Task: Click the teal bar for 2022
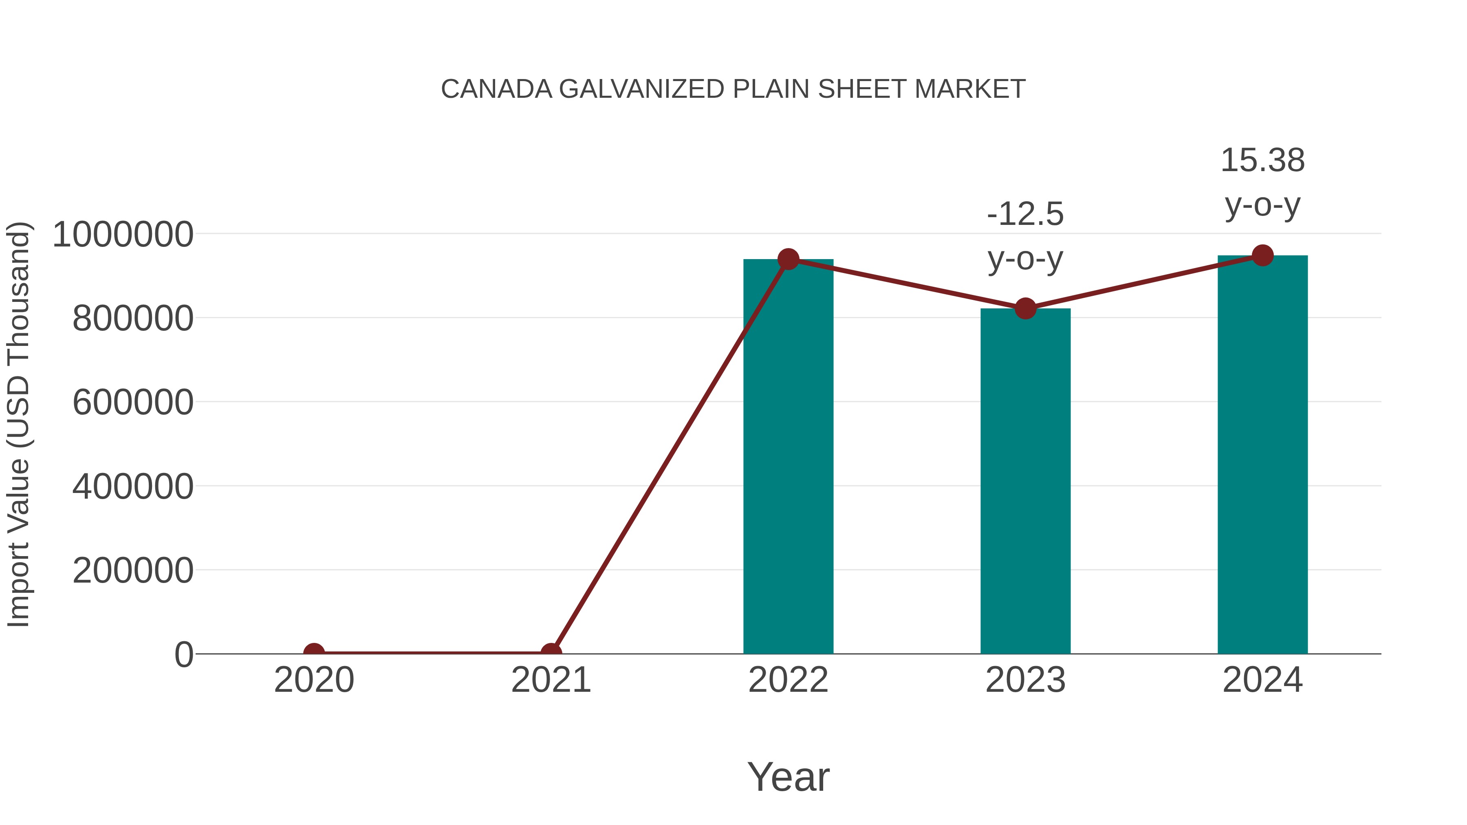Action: [788, 455]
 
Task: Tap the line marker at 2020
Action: [314, 653]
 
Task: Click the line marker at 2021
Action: [551, 653]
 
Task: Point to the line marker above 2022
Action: [788, 259]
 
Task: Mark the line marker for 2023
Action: [1025, 308]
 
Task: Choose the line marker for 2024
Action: [1262, 255]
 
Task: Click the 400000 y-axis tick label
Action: [133, 487]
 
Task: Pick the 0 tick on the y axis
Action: [183, 654]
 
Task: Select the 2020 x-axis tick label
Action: [314, 680]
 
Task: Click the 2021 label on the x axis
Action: [551, 680]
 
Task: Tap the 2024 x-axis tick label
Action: [1262, 680]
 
